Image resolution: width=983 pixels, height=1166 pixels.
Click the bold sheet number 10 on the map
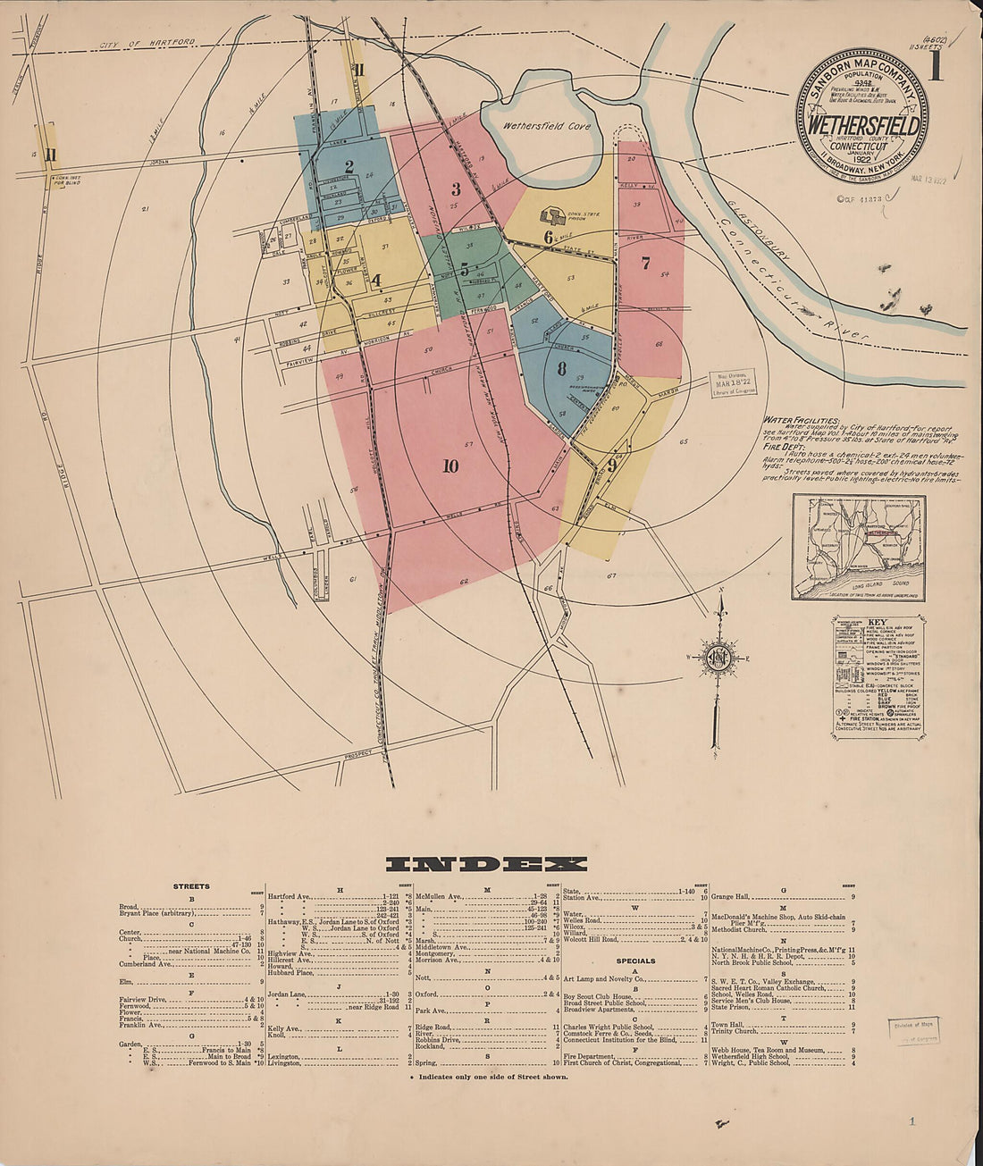pyautogui.click(x=449, y=466)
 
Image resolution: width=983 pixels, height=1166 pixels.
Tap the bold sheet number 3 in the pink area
pyautogui.click(x=456, y=189)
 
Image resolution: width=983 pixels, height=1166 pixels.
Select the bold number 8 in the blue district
pyautogui.click(x=561, y=368)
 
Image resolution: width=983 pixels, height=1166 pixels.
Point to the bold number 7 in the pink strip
pyautogui.click(x=645, y=263)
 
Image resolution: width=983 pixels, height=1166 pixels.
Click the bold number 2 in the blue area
pyautogui.click(x=349, y=166)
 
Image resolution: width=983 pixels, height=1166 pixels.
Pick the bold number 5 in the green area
pyautogui.click(x=464, y=268)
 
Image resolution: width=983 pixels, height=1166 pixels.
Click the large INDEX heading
pyautogui.click(x=486, y=864)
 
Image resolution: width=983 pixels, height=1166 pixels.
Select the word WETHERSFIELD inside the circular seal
pyautogui.click(x=862, y=126)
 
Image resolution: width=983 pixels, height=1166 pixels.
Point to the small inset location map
pyautogui.click(x=858, y=547)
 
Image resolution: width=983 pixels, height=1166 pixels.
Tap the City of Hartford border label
pyautogui.click(x=147, y=44)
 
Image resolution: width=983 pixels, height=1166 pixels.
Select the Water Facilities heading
pyautogui.click(x=802, y=419)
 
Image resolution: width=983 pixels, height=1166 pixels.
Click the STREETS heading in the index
pyautogui.click(x=191, y=886)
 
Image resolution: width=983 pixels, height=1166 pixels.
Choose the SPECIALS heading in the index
pyautogui.click(x=635, y=961)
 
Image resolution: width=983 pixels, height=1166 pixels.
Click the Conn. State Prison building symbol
pyautogui.click(x=551, y=216)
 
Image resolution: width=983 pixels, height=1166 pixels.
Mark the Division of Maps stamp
pyautogui.click(x=912, y=1030)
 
